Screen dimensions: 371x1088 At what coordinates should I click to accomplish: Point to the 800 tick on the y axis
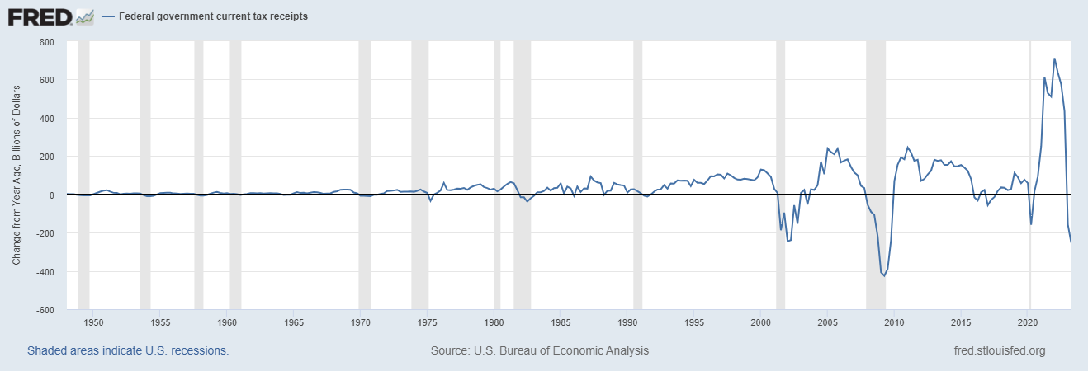(45, 41)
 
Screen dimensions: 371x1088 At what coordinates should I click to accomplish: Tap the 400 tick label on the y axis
(45, 118)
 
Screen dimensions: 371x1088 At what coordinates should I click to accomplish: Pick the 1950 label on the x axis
(94, 322)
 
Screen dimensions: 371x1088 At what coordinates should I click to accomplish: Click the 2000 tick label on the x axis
(761, 322)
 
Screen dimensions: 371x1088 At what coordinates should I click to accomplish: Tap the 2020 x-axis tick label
(1028, 322)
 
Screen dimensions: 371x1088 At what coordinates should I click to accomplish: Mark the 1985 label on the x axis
(561, 322)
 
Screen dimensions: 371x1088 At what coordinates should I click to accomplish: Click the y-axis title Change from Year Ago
(17, 175)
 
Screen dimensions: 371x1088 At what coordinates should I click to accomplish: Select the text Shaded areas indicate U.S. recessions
(128, 350)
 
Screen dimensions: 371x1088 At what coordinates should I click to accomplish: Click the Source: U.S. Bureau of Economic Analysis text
(540, 350)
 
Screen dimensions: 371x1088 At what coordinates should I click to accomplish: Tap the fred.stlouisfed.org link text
(999, 350)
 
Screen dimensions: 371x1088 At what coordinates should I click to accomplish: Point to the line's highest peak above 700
(1054, 59)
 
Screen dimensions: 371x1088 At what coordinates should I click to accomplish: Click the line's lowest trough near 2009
(884, 275)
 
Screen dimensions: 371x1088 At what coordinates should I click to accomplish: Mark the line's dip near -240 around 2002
(788, 241)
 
